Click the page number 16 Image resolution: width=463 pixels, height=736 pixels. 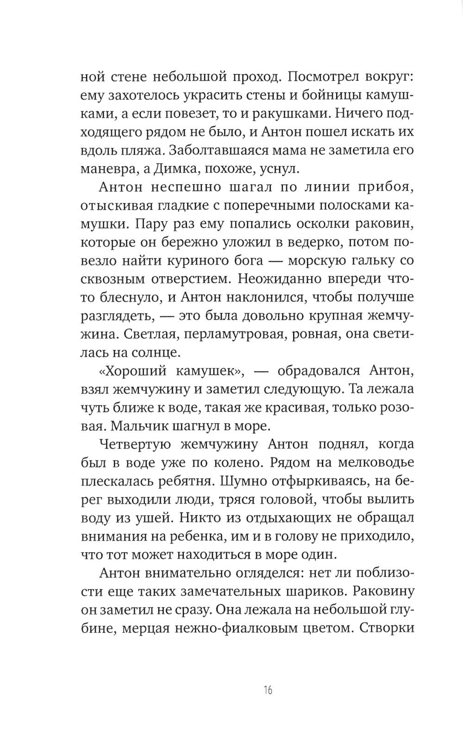268,691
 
